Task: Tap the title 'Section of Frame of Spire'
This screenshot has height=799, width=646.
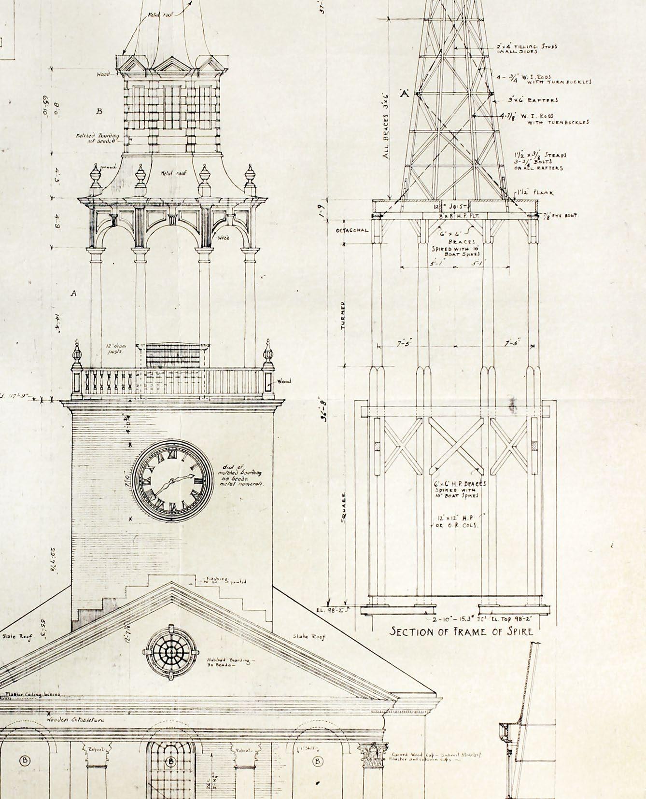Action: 462,631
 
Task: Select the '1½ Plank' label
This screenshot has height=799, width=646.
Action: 536,193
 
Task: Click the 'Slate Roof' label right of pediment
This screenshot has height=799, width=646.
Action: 309,637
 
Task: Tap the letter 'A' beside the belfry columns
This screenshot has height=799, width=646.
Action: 74,293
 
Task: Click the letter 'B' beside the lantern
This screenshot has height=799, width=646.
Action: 99,111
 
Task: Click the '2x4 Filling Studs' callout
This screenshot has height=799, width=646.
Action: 527,49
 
